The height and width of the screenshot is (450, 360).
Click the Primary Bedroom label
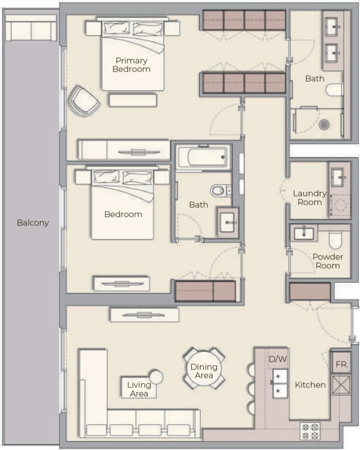132,65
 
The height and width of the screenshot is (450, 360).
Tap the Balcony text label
32,222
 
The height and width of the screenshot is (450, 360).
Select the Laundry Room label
309,198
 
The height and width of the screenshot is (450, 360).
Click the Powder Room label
328,261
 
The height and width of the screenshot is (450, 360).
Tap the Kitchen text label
310,385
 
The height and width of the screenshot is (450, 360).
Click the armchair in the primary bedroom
84,100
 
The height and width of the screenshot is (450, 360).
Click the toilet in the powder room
335,241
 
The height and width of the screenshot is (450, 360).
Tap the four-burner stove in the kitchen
310,432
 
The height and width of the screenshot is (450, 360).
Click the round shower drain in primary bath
324,124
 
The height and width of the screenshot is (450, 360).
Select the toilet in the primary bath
334,90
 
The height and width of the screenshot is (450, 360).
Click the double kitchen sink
280,383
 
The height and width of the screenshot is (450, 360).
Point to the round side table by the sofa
156,377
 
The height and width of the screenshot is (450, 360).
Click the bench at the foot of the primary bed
133,99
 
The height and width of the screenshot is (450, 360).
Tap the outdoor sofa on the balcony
31,27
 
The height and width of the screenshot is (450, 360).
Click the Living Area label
139,389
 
